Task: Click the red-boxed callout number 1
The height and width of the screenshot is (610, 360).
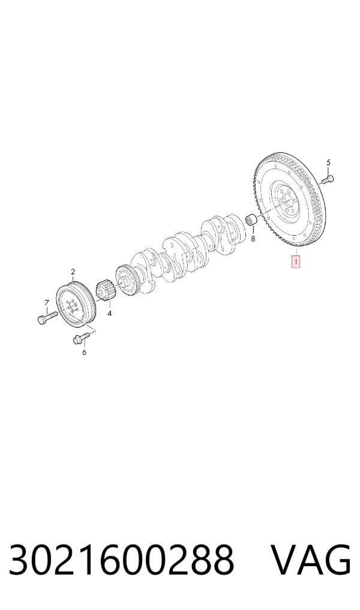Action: (296, 262)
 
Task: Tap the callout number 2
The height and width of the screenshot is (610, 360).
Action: (73, 272)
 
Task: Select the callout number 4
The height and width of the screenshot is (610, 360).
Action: (109, 312)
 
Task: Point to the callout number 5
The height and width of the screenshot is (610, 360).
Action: (328, 162)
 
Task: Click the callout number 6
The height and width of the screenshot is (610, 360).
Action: (84, 352)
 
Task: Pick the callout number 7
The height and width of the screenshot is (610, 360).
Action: (47, 303)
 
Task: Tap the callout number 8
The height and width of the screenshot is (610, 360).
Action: (253, 239)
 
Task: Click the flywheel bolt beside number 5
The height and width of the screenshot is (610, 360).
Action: (328, 180)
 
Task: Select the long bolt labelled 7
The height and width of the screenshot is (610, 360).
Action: (47, 317)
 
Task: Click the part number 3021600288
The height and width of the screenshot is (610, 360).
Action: (121, 560)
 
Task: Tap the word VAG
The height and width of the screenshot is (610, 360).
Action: (310, 560)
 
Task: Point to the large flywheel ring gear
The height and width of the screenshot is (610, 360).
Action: (289, 202)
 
